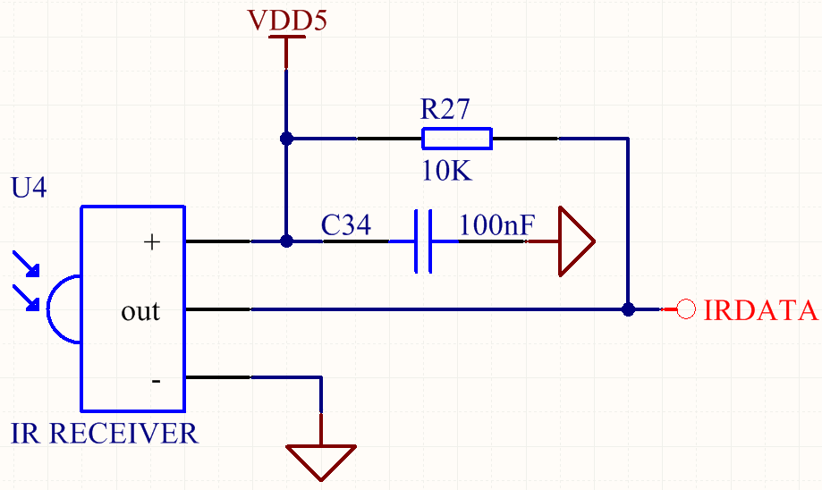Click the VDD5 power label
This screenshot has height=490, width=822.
pos(287,20)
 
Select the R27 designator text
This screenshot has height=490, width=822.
pos(445,110)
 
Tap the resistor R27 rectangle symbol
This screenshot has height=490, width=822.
pos(456,139)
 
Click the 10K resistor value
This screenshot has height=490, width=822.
pos(445,171)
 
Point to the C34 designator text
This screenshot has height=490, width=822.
pos(345,225)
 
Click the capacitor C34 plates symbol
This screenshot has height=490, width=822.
pos(423,241)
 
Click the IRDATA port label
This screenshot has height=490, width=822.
pos(760,310)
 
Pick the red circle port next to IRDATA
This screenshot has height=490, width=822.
pos(686,310)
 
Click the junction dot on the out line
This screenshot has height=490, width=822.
pos(628,309)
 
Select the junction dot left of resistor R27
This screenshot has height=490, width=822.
pos(286,139)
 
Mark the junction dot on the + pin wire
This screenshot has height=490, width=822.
pos(286,241)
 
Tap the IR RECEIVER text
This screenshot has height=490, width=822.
pos(104,434)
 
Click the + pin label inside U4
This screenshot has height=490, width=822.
pos(152,241)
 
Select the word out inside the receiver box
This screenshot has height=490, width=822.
pos(140,311)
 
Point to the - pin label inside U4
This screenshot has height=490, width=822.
pos(156,381)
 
